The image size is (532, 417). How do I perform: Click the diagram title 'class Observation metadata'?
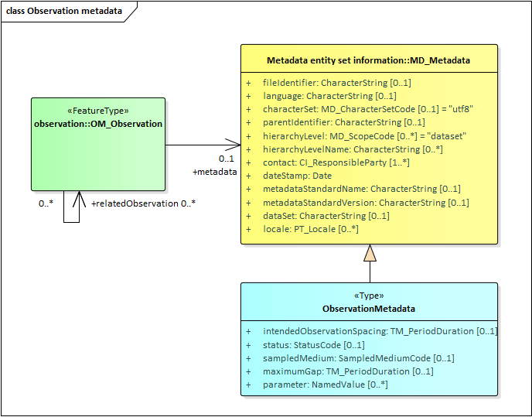tap(63, 12)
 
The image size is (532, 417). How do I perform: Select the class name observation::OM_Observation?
tap(98, 124)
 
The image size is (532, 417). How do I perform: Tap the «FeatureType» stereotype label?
tap(98, 111)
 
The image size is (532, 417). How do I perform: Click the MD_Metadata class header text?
tap(368, 60)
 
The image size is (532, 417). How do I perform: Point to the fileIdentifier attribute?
tap(336, 82)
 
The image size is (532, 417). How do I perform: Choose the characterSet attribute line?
tap(367, 109)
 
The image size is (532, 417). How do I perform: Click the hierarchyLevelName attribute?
tap(353, 149)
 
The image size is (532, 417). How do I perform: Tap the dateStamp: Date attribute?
tap(297, 176)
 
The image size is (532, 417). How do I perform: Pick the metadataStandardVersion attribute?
tap(366, 203)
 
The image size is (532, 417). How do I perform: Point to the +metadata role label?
tap(214, 172)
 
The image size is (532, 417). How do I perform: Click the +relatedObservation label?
tap(133, 203)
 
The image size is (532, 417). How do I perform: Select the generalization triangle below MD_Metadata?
tap(370, 253)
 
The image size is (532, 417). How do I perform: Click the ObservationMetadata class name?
tap(368, 309)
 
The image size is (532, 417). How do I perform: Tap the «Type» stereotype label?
tap(368, 296)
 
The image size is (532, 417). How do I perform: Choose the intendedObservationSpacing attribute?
tap(380, 331)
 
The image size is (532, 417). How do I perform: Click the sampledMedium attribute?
tap(358, 358)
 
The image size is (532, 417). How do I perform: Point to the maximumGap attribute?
tap(348, 371)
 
